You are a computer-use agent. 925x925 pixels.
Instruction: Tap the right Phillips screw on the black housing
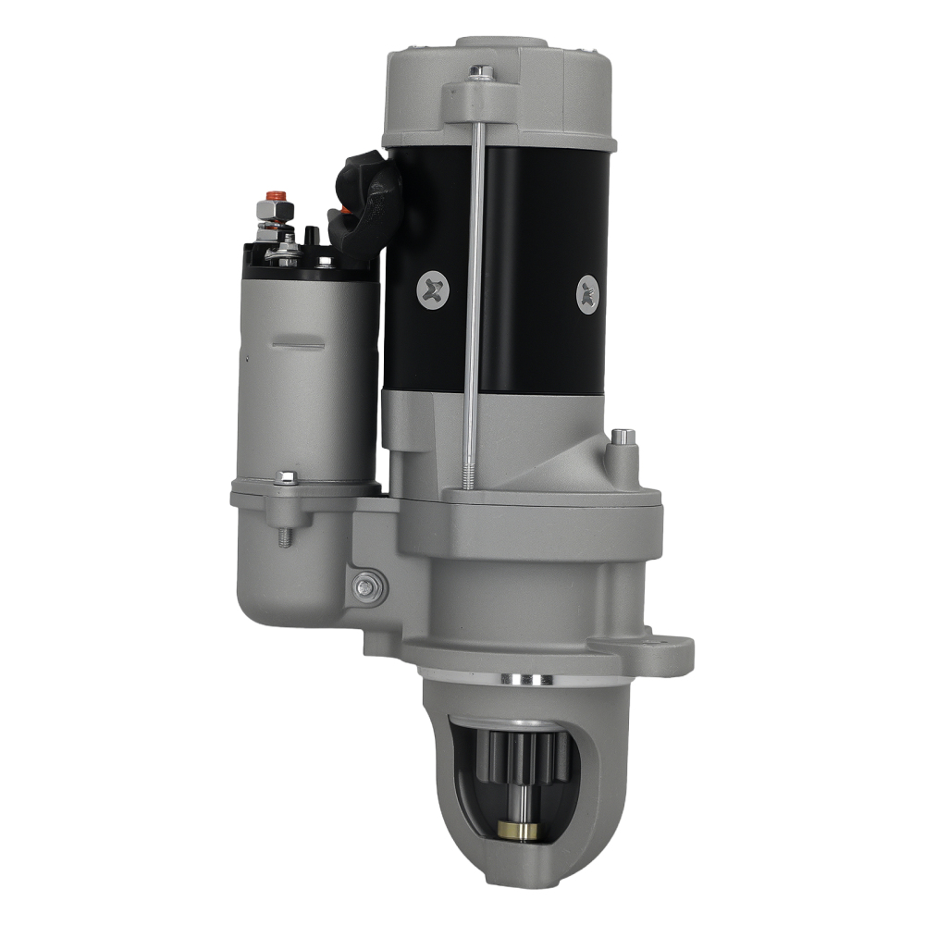[588, 295]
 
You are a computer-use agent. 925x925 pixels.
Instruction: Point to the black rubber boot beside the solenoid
[368, 199]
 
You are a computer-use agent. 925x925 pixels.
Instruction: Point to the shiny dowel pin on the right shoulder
[621, 437]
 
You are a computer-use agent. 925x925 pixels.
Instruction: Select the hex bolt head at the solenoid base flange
[286, 478]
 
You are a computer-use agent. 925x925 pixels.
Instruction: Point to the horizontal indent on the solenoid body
[298, 347]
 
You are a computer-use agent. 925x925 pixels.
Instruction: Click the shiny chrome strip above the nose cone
[524, 680]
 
